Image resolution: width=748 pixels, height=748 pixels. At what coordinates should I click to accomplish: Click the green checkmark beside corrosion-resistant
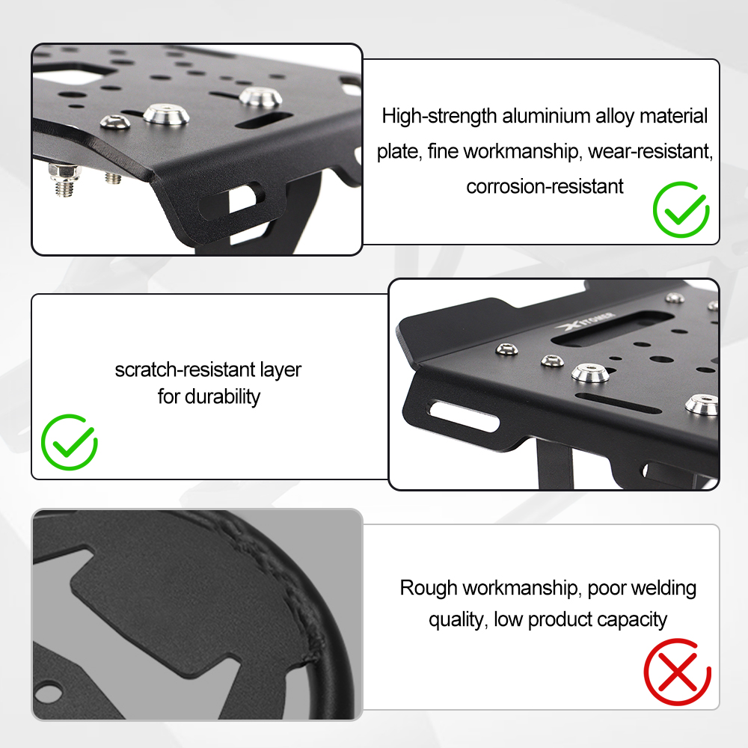(681, 209)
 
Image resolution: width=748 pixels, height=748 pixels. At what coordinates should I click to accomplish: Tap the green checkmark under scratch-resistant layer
(70, 442)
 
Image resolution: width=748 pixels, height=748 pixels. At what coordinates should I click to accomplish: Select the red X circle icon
(678, 672)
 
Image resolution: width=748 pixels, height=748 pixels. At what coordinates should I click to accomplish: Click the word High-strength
(439, 117)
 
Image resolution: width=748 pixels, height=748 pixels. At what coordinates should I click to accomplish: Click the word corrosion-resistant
(545, 186)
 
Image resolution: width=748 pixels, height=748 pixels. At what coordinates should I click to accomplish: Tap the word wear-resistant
(650, 152)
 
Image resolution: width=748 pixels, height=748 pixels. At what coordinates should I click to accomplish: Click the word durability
(223, 397)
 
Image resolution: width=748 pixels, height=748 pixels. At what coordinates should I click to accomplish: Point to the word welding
(666, 588)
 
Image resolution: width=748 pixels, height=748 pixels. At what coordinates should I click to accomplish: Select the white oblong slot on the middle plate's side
(465, 415)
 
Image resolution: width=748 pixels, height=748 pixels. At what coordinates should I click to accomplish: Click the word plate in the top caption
(399, 152)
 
